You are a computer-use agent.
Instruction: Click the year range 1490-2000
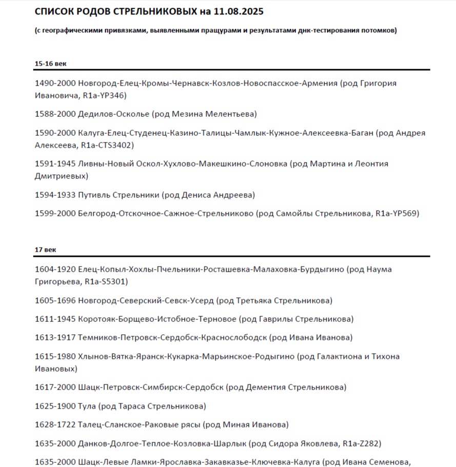pyautogui.click(x=55, y=83)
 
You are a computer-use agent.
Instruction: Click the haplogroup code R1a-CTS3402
pyautogui.click(x=107, y=145)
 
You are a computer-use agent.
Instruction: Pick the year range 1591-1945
pyautogui.click(x=55, y=164)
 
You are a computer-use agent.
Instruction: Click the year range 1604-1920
pyautogui.click(x=55, y=269)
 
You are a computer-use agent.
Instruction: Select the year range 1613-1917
pyautogui.click(x=55, y=337)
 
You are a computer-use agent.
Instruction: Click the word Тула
pyautogui.click(x=87, y=406)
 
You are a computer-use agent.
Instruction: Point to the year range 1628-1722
pyautogui.click(x=55, y=424)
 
